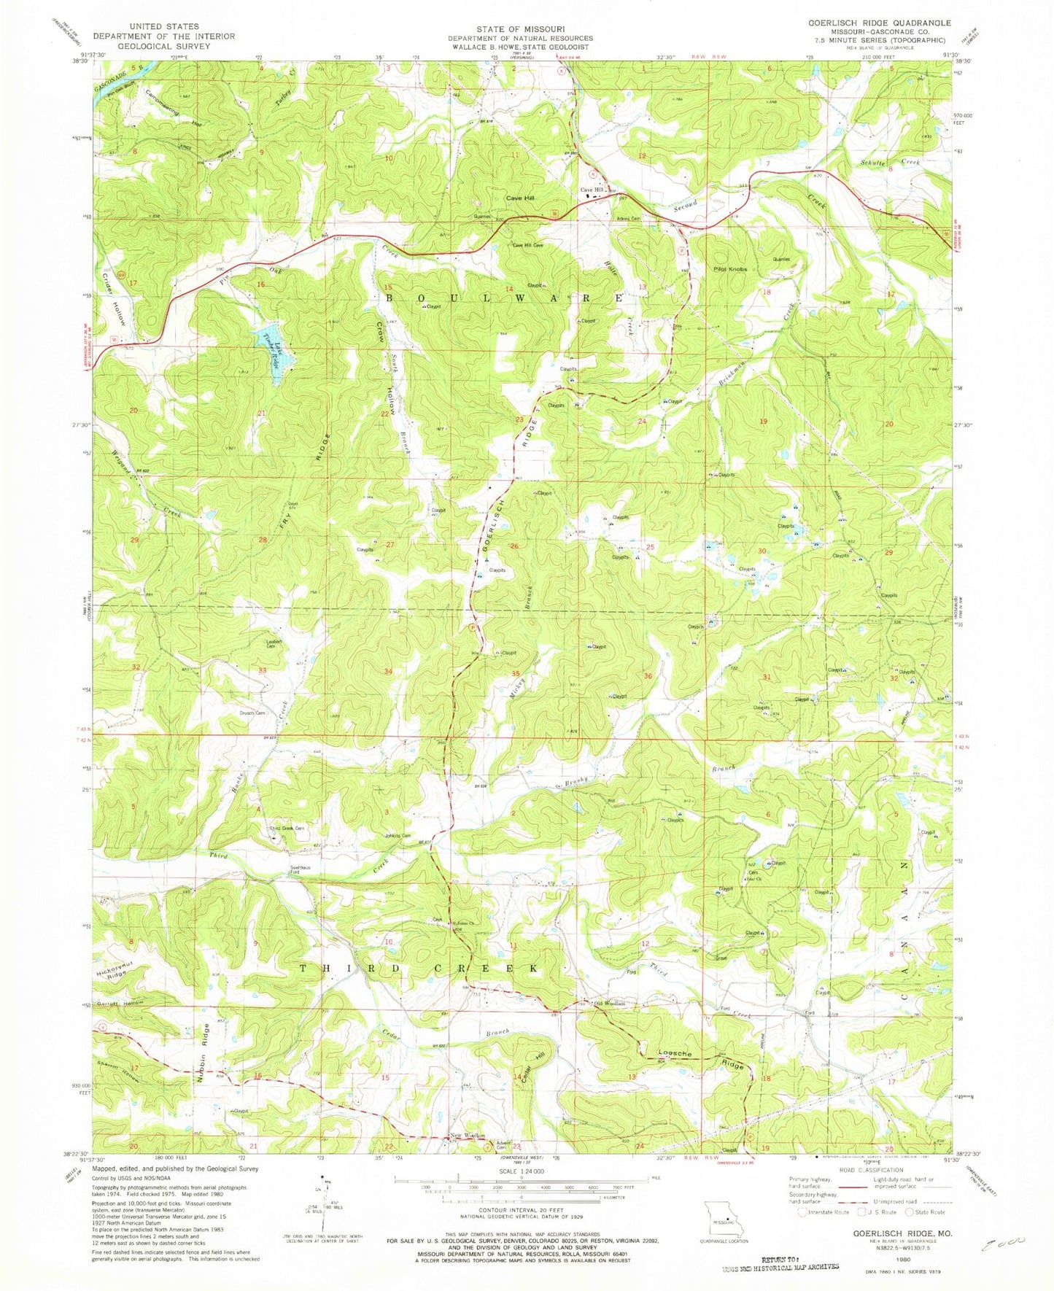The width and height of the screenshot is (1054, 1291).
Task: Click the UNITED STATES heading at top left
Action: (x=163, y=27)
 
